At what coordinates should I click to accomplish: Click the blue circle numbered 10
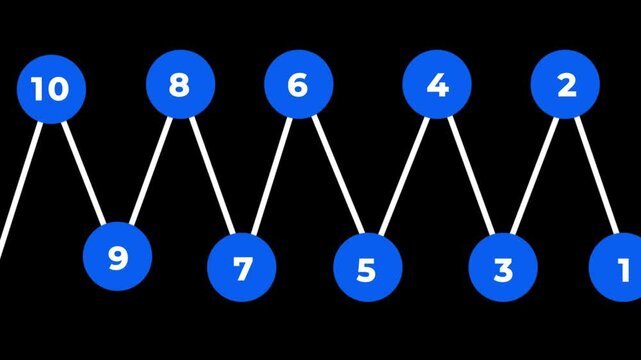coord(51,89)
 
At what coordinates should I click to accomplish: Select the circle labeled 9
coord(118,257)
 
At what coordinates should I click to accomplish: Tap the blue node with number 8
coord(180,84)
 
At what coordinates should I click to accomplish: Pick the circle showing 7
coord(242,267)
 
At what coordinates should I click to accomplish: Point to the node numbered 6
coord(298,84)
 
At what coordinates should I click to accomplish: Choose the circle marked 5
coord(367,267)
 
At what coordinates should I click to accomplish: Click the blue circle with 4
coord(437,84)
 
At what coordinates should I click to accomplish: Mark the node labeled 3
coord(503,267)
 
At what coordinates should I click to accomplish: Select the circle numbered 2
coord(565,84)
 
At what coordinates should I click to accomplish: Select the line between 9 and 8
coord(150,168)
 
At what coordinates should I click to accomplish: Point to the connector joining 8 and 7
coord(211,175)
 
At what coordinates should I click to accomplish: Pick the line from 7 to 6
coord(270,175)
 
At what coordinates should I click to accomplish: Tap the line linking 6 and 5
coord(335,175)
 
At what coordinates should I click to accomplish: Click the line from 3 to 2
coord(534,175)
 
